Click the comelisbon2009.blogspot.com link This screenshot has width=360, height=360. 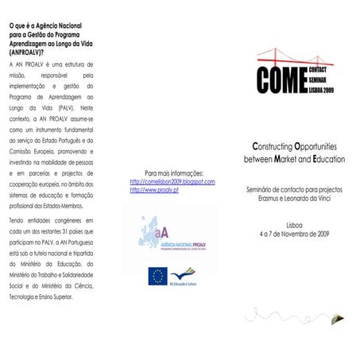click(172, 182)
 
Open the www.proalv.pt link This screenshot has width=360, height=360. click(154, 191)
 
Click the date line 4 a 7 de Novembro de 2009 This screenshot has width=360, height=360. click(294, 234)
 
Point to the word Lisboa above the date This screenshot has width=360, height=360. click(294, 225)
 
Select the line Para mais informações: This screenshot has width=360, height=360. click(174, 172)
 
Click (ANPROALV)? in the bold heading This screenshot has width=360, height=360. click(30, 51)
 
